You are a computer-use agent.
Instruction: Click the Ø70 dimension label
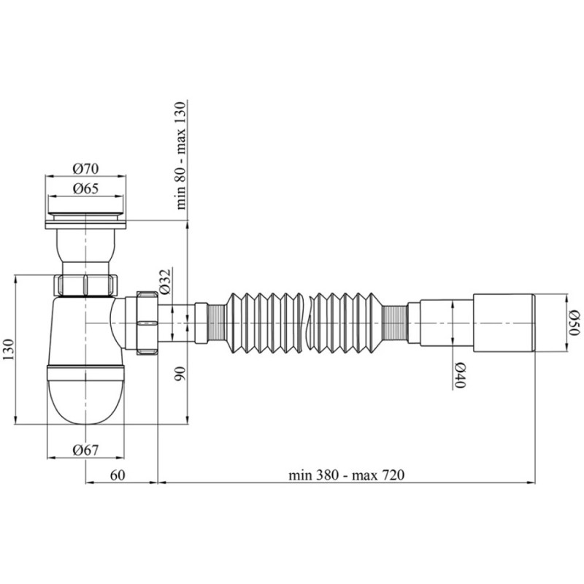coord(85,169)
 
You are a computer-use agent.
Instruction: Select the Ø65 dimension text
coord(85,188)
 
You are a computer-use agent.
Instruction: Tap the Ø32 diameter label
coord(166,282)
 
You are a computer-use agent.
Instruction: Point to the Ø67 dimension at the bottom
coord(85,450)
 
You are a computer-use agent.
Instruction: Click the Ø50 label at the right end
coord(574,323)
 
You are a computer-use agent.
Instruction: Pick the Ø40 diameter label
coord(461,375)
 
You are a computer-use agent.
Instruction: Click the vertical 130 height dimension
coord(9,348)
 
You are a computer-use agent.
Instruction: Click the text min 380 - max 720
coord(346,474)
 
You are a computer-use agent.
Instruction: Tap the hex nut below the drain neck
coord(85,284)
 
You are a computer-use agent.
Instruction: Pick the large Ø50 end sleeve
coord(504,321)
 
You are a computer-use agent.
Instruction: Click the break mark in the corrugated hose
coord(311,321)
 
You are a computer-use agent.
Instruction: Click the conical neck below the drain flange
coord(85,248)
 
